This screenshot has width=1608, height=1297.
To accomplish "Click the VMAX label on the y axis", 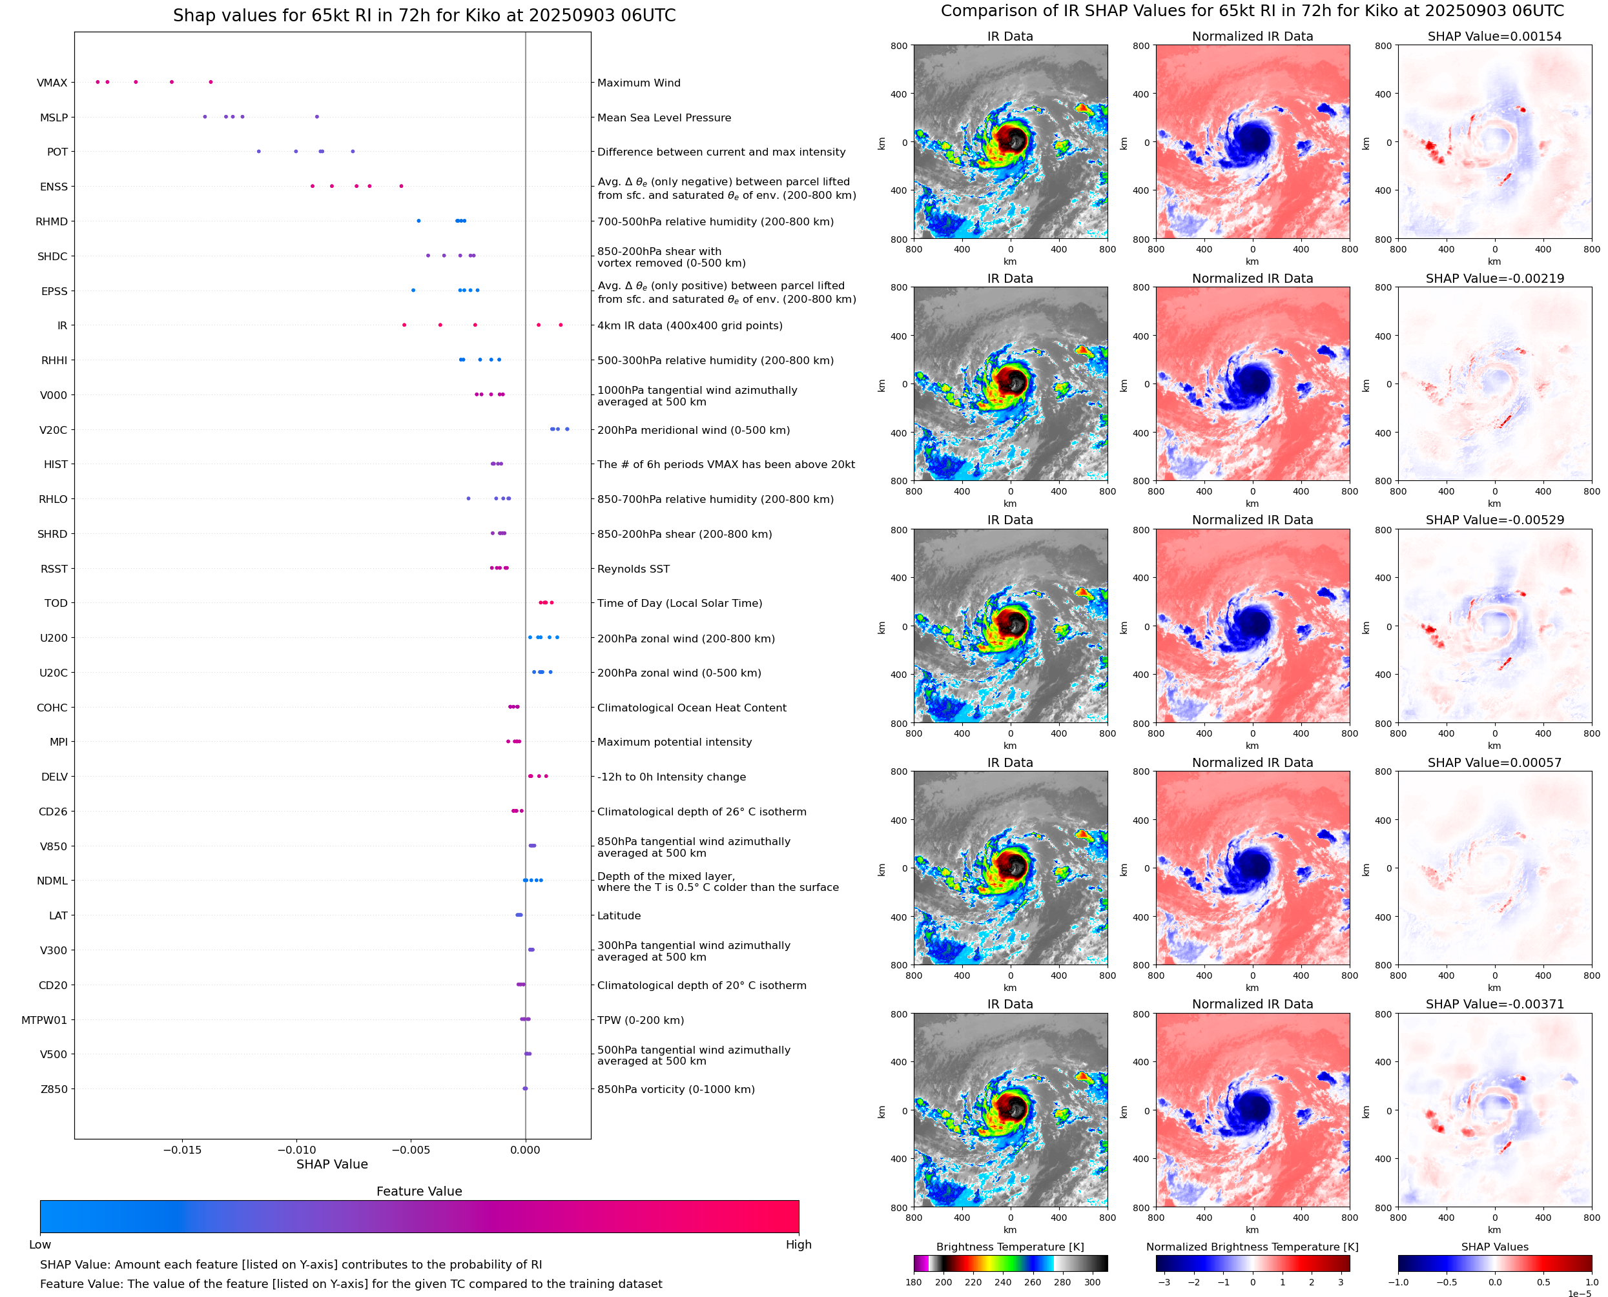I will tap(52, 83).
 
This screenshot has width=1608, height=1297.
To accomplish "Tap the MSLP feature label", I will tap(54, 117).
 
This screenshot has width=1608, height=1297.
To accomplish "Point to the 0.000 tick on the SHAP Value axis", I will tap(525, 1150).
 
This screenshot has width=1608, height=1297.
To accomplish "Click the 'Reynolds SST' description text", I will tap(633, 569).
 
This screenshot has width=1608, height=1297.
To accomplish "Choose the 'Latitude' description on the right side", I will tap(619, 915).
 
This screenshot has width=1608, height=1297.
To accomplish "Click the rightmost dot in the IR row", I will tap(561, 325).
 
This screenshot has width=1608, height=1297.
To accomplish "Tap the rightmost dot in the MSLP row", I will tap(317, 117).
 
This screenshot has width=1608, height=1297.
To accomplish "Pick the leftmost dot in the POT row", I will tap(258, 152).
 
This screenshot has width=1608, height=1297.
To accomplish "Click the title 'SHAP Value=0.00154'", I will tap(1494, 37).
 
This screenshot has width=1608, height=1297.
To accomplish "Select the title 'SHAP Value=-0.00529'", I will tap(1494, 520).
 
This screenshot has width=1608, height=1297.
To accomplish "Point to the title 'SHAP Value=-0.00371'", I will tap(1494, 1004).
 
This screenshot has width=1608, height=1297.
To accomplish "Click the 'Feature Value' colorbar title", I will tap(419, 1191).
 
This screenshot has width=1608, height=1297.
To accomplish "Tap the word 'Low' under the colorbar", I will tap(39, 1244).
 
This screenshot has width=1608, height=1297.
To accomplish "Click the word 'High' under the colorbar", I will tap(798, 1244).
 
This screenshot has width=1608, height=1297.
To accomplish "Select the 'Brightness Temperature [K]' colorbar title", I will tap(1009, 1246).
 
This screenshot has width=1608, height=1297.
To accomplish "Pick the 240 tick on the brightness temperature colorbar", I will tap(1003, 1282).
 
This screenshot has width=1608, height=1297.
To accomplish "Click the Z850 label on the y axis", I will tap(54, 1089).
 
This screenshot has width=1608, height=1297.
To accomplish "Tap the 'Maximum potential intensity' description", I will tap(674, 742).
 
